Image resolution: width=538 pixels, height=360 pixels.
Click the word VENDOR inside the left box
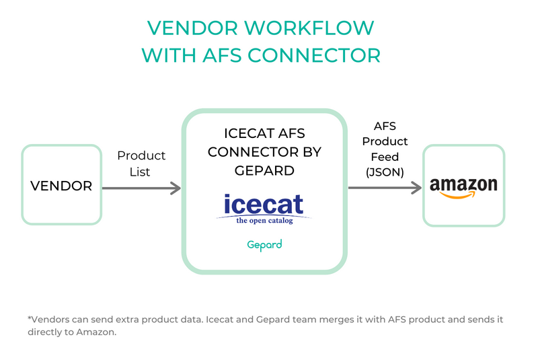coord(61,186)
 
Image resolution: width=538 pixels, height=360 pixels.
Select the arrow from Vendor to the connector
coord(141,188)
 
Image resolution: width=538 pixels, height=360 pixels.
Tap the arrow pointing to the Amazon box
coord(385,188)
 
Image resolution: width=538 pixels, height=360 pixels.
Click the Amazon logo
coord(463,188)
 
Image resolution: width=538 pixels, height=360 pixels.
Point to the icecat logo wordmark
coord(264,204)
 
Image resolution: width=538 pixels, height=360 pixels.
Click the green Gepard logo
coord(264,245)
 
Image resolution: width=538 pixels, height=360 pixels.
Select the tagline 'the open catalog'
coord(264,220)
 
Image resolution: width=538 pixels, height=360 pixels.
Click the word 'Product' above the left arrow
coord(141,155)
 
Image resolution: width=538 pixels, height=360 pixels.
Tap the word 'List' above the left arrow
coord(140,172)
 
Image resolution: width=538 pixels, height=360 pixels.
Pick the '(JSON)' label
coord(385,172)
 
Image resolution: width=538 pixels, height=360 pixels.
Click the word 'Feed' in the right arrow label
coord(385,157)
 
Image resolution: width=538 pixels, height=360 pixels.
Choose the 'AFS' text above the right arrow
coord(385,126)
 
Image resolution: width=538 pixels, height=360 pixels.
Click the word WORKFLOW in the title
coord(309,28)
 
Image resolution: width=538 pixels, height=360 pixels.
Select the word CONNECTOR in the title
coord(314,55)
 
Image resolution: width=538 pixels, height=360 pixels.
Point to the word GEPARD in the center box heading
coord(264,170)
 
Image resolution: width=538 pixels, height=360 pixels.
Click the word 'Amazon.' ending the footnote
coord(96,332)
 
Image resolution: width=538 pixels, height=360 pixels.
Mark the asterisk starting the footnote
coord(29,318)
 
